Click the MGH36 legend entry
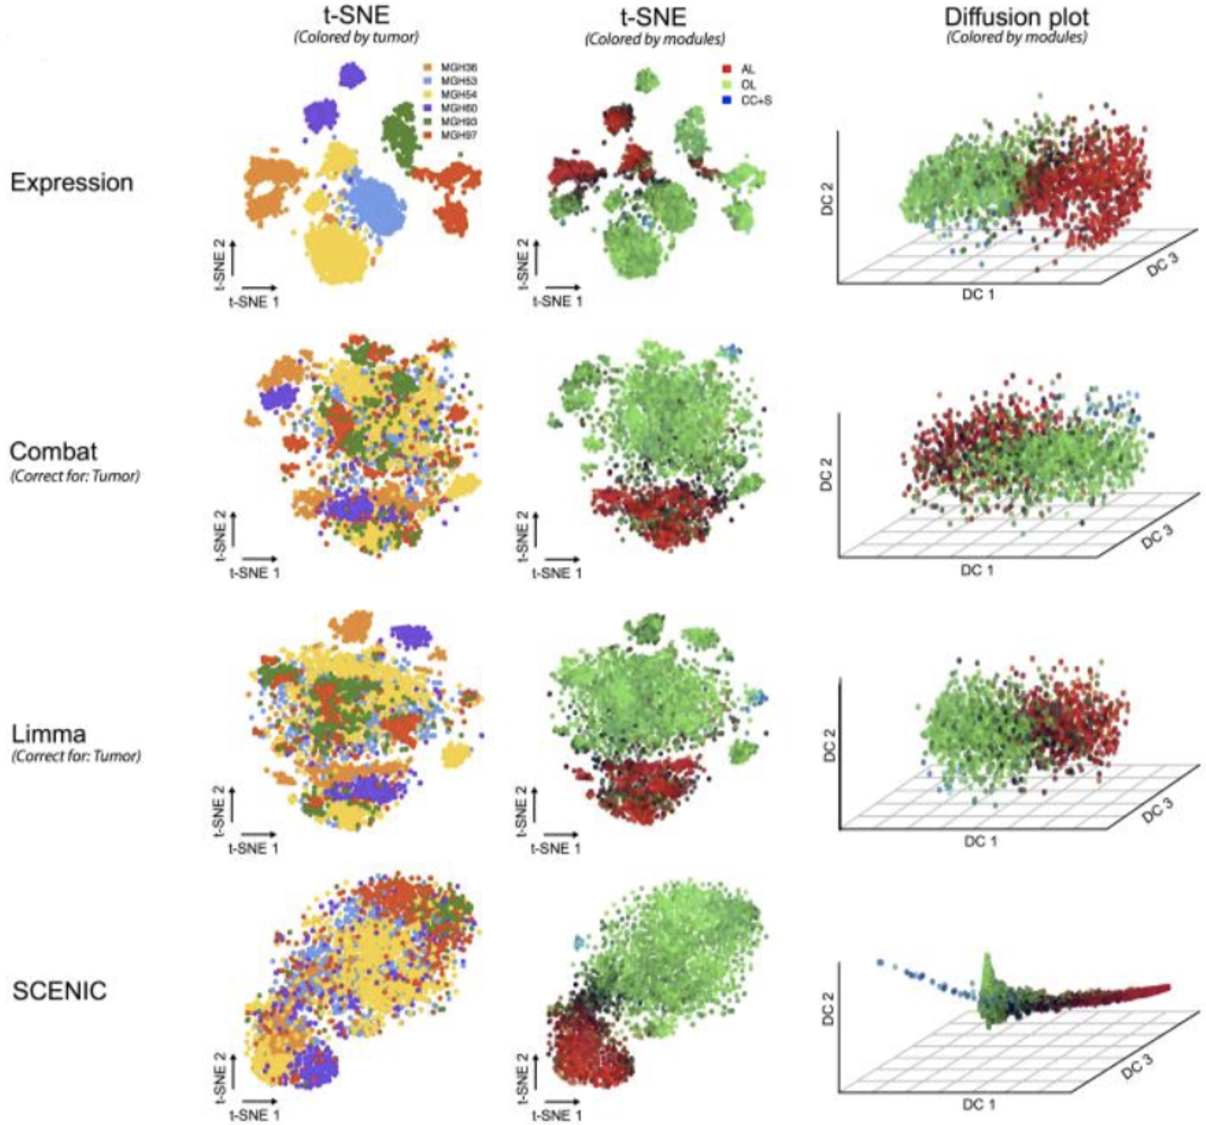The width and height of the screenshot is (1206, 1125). pos(457,67)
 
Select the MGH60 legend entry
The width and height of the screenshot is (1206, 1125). pos(457,107)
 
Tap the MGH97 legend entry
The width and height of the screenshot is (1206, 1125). pos(457,134)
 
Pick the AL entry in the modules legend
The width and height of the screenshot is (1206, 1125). pos(747,69)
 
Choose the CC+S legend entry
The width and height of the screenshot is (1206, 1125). pos(754,100)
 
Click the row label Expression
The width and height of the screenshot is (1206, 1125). pos(71,183)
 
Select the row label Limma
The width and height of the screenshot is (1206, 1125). pos(49,733)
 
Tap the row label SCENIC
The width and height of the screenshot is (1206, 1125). pos(59,991)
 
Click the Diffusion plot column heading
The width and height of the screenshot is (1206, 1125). pos(1017,17)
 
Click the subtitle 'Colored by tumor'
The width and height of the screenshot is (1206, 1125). pos(356,37)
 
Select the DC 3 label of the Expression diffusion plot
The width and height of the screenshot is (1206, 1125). pos(1162,265)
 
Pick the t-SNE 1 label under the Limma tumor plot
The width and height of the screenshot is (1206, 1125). pos(254,848)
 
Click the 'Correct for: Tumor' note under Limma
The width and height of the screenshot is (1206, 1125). pos(76,756)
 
